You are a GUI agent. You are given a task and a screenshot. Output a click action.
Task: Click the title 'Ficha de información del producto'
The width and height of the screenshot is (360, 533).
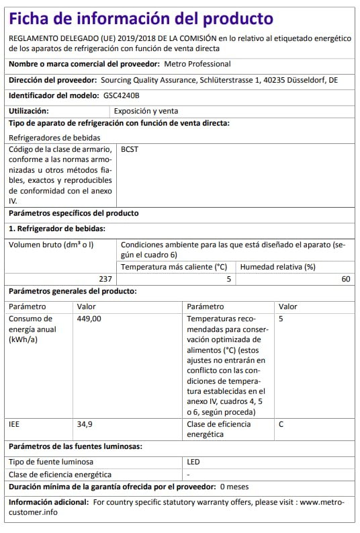click(141, 18)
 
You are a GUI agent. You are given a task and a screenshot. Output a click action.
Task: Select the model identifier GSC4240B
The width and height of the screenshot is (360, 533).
click(122, 95)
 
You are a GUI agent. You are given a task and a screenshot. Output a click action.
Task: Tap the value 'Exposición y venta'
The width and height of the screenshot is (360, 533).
click(146, 111)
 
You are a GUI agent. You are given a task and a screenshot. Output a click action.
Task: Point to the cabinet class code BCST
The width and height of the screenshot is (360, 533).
click(129, 151)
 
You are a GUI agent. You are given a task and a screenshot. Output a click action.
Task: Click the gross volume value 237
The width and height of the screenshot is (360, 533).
click(105, 279)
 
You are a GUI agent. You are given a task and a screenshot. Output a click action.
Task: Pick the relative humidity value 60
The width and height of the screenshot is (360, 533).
click(346, 279)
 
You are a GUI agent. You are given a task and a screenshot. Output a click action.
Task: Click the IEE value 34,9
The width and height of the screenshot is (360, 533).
click(85, 424)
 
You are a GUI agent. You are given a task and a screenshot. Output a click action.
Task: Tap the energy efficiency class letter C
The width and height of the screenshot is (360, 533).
click(281, 424)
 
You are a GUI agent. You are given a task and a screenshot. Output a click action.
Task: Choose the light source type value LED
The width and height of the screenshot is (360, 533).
click(193, 462)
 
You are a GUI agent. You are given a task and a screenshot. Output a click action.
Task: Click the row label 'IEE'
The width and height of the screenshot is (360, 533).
click(14, 424)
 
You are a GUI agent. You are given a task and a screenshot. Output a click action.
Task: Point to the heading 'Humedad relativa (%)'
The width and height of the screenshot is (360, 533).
click(277, 267)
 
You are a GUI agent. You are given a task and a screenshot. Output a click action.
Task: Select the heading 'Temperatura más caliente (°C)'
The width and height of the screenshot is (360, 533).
click(174, 267)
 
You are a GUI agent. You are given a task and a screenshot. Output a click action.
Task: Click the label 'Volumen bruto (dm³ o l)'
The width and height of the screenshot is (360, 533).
click(51, 245)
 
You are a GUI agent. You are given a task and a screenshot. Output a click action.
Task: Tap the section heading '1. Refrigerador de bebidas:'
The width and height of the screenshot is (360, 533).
click(56, 229)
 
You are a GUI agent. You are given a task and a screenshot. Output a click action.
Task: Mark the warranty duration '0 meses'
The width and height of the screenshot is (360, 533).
click(234, 486)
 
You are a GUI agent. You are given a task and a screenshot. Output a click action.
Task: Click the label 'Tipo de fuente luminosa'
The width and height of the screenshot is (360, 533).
click(51, 462)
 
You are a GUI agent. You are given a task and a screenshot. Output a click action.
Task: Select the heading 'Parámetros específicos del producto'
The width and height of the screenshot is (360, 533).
click(74, 213)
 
